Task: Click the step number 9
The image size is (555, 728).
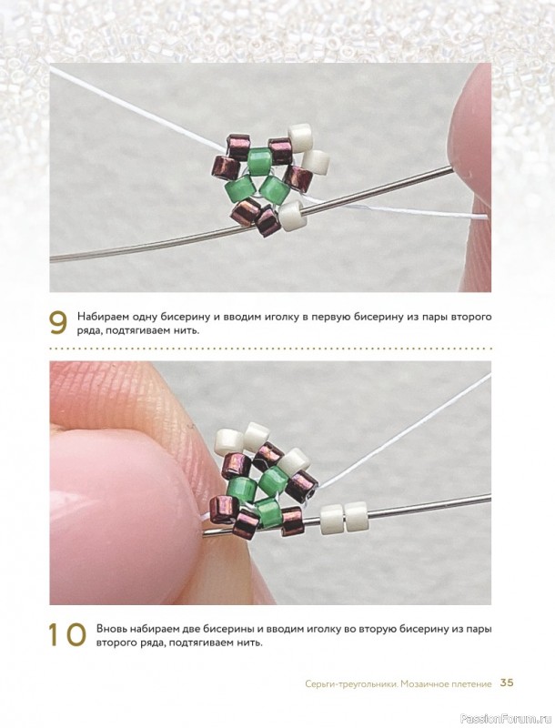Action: coord(58,323)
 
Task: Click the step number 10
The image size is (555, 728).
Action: coord(67,634)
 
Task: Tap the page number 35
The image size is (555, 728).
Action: coord(507,683)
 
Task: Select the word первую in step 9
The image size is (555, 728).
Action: coord(328,318)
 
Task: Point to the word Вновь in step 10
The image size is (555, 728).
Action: coord(111,630)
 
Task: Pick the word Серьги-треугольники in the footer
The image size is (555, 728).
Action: coord(351,684)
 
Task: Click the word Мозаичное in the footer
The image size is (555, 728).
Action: coord(423,684)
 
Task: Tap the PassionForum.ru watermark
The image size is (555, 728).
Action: coord(521,719)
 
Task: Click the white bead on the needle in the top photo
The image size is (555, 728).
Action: coord(292,217)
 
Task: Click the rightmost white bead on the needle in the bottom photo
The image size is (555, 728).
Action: coord(356,517)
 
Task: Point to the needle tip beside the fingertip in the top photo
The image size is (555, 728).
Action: coord(450,170)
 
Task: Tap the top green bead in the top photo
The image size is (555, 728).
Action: coord(259,159)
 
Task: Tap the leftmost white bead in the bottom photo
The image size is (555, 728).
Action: coord(228,441)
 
